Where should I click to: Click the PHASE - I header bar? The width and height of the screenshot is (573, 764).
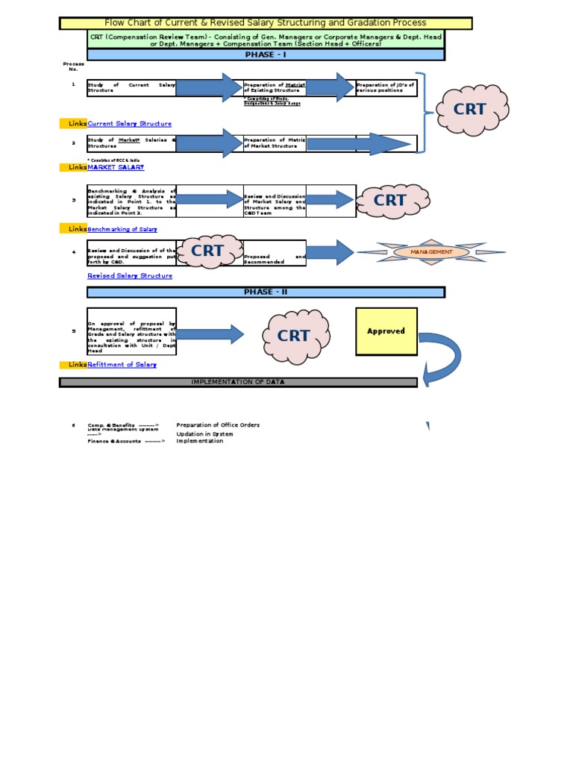pos(266,55)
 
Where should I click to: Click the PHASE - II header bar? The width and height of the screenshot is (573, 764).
pos(266,292)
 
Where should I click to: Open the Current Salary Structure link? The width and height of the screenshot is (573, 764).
pos(130,124)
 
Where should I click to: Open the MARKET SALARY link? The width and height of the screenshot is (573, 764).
pos(116,167)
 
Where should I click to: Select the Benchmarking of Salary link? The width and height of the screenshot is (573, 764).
pos(122,229)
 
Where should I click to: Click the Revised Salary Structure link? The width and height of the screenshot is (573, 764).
pos(130,276)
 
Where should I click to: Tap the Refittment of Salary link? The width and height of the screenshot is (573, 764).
pos(122,364)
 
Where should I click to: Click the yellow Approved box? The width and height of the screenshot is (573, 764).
pos(386,331)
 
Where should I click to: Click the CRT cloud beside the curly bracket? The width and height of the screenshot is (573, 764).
pos(470,109)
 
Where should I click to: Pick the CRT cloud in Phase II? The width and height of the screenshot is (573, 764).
pos(293,336)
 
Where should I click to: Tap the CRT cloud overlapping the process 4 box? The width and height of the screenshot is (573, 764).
pos(207,251)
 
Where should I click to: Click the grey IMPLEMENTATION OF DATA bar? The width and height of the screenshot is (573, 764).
pos(238,382)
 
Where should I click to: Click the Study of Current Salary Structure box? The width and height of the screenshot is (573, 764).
pos(131,87)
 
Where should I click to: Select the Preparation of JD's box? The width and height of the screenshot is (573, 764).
pos(386,87)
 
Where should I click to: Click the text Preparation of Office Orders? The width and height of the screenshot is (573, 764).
pos(218,425)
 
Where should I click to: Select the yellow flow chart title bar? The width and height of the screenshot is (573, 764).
pos(266,23)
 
